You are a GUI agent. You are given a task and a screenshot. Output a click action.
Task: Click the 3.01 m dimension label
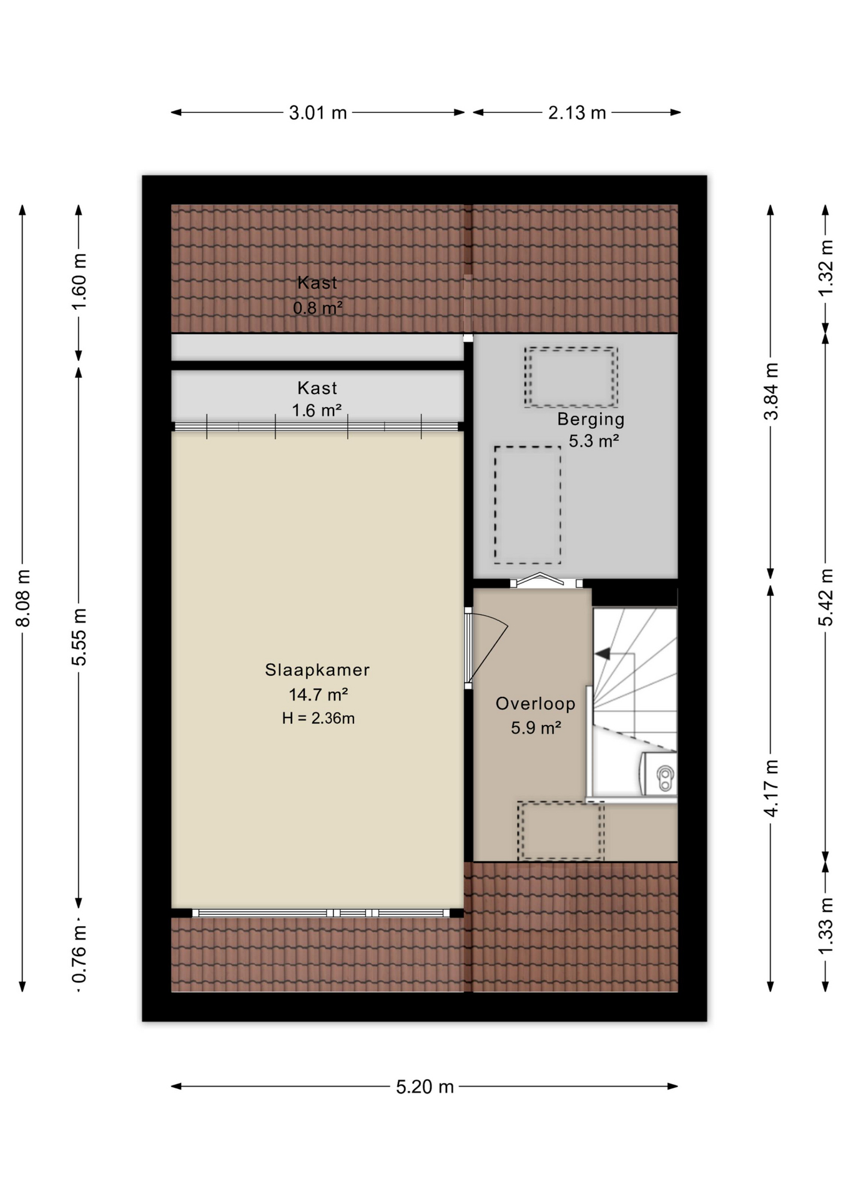[x=317, y=113]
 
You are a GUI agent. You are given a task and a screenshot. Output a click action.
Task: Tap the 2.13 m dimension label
[x=577, y=113]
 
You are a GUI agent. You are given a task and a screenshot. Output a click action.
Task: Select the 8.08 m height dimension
[x=23, y=598]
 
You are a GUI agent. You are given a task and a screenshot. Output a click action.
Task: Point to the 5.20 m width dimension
[x=425, y=1087]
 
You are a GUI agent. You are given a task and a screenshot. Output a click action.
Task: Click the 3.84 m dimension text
[x=772, y=392]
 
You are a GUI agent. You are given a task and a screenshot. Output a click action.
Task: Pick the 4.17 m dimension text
[x=772, y=788]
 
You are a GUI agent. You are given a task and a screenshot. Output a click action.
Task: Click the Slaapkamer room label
[x=317, y=670]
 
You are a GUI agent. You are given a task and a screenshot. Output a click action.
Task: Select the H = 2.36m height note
[x=318, y=718]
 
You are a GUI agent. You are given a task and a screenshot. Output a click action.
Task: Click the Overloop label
[x=536, y=704]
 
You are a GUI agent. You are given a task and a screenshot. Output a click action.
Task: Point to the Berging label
[x=591, y=420]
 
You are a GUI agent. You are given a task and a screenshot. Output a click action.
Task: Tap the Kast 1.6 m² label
[x=317, y=399]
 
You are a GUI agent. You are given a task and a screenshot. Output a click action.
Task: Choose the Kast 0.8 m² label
[x=317, y=295]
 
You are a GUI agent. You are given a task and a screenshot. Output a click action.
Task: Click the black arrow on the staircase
[x=603, y=654]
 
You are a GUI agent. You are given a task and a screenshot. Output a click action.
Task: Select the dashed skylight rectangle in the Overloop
[x=561, y=831]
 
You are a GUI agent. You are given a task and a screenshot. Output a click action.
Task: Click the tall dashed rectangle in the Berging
[x=528, y=505]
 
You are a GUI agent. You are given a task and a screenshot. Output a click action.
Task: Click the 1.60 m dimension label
[x=79, y=282]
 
